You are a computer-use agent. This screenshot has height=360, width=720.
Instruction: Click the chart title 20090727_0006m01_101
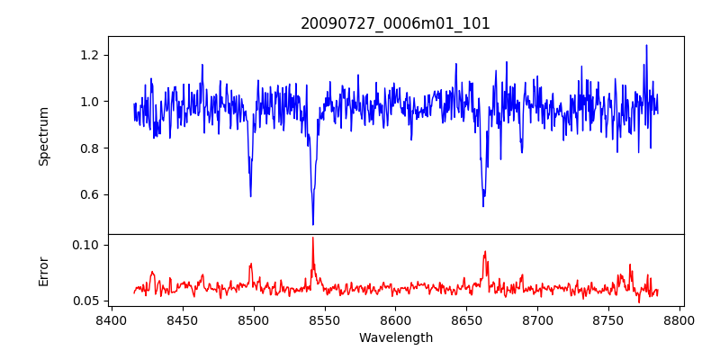pyautogui.click(x=395, y=23)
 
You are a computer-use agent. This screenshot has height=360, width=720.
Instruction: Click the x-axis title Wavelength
pyautogui.click(x=395, y=338)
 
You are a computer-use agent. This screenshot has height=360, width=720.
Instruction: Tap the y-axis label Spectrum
pyautogui.click(x=44, y=135)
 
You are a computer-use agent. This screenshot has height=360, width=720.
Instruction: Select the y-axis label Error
pyautogui.click(x=44, y=271)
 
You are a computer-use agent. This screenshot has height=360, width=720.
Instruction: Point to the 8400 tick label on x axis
pyautogui.click(x=111, y=320)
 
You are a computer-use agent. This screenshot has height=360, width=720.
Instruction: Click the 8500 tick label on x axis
pyautogui.click(x=253, y=320)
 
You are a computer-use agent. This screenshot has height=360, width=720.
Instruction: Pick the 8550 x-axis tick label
pyautogui.click(x=324, y=320)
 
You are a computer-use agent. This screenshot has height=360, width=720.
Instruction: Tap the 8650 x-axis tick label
pyautogui.click(x=466, y=320)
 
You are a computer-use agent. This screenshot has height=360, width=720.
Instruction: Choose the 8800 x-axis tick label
pyautogui.click(x=680, y=320)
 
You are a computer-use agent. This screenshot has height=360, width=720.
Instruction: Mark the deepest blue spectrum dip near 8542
pyautogui.click(x=313, y=224)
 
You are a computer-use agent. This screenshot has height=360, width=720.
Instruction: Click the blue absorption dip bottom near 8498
pyautogui.click(x=250, y=196)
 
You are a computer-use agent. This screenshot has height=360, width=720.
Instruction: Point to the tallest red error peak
pyautogui.click(x=313, y=238)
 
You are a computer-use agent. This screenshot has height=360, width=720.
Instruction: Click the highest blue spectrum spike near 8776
pyautogui.click(x=646, y=45)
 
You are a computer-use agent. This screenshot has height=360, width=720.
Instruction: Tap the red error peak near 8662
pyautogui.click(x=484, y=252)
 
